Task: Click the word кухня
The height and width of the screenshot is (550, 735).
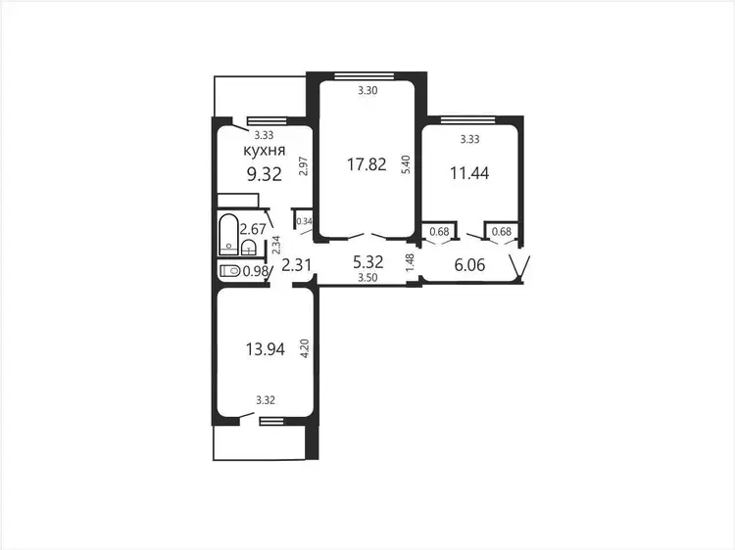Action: pyautogui.click(x=265, y=151)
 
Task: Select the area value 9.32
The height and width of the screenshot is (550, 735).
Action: pyautogui.click(x=265, y=174)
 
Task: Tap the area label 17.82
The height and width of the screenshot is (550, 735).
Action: pyautogui.click(x=367, y=164)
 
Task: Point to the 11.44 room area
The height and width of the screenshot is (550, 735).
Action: pyautogui.click(x=469, y=173)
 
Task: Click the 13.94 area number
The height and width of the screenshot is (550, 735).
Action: pyautogui.click(x=266, y=349)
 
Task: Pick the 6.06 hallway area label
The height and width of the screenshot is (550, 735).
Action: pyautogui.click(x=469, y=265)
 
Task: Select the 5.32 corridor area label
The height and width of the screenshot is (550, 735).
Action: pyautogui.click(x=367, y=262)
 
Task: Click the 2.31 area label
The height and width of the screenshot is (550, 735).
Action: pyautogui.click(x=296, y=265)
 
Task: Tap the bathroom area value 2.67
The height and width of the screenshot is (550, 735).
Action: pyautogui.click(x=253, y=229)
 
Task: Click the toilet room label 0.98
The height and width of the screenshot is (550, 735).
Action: pyautogui.click(x=256, y=271)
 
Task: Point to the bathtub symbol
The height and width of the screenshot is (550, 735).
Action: pyautogui.click(x=228, y=234)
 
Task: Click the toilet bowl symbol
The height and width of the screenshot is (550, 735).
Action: pyautogui.click(x=229, y=270)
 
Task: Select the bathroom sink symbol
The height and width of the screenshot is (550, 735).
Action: pyautogui.click(x=249, y=248)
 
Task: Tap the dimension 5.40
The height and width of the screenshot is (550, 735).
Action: pyautogui.click(x=407, y=164)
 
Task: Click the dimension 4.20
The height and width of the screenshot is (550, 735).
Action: pyautogui.click(x=305, y=348)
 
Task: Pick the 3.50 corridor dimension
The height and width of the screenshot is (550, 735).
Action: pyautogui.click(x=367, y=278)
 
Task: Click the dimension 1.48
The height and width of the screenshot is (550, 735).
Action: pyautogui.click(x=411, y=262)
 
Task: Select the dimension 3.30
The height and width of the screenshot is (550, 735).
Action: pyautogui.click(x=367, y=91)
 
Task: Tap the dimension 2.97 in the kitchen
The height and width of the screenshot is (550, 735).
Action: pyautogui.click(x=303, y=165)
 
